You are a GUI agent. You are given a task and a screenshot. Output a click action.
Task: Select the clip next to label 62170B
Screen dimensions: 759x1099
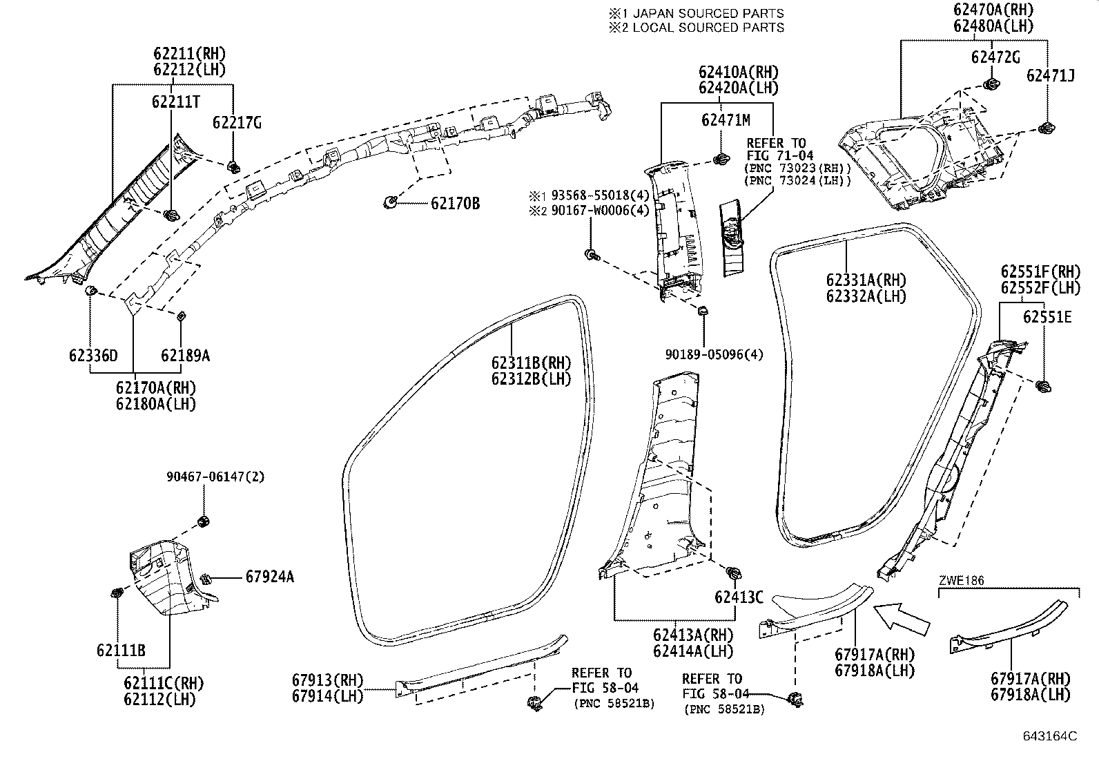pyautogui.click(x=390, y=202)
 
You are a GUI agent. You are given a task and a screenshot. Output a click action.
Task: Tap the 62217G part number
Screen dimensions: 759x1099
pyautogui.click(x=237, y=123)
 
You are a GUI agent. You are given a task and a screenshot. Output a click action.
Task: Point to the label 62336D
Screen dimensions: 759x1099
pyautogui.click(x=93, y=356)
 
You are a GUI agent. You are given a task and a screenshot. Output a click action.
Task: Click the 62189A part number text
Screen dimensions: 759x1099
pyautogui.click(x=185, y=356)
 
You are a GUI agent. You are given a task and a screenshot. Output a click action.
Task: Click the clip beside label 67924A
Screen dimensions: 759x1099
pyautogui.click(x=205, y=577)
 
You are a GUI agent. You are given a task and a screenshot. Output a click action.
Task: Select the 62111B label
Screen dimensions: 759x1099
pyautogui.click(x=121, y=650)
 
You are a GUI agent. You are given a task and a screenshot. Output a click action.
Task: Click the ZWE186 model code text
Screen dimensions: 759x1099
pyautogui.click(x=962, y=581)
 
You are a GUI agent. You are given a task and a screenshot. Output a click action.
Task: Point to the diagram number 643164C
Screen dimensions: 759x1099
pyautogui.click(x=1050, y=736)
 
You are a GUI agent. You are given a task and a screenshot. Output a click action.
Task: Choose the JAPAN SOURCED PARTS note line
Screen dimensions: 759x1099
pyautogui.click(x=696, y=13)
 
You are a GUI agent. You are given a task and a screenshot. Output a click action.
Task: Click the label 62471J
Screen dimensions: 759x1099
pyautogui.click(x=1050, y=75)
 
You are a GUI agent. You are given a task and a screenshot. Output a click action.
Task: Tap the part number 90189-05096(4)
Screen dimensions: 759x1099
pyautogui.click(x=714, y=355)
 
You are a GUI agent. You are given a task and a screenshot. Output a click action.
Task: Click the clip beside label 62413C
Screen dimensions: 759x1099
pyautogui.click(x=733, y=572)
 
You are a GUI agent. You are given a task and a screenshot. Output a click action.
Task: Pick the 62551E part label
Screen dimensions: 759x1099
pyautogui.click(x=1047, y=317)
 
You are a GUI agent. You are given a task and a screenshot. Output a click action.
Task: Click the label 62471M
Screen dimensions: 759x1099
pyautogui.click(x=725, y=121)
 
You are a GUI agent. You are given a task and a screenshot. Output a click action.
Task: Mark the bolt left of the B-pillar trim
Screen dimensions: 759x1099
pyautogui.click(x=591, y=255)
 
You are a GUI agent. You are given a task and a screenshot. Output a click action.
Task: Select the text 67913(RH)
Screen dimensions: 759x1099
pyautogui.click(x=327, y=680)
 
